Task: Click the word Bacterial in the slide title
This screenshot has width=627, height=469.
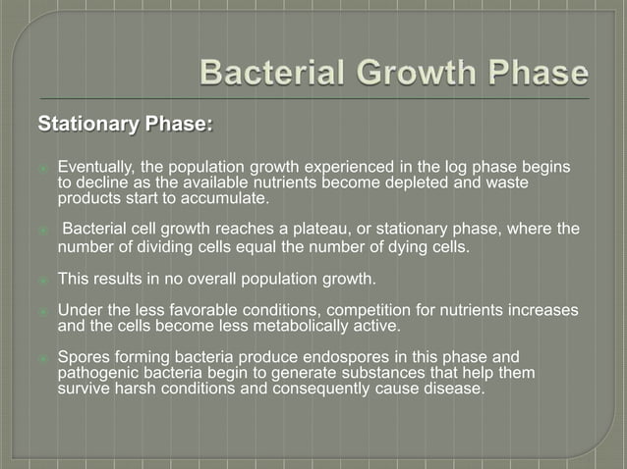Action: click(x=267, y=74)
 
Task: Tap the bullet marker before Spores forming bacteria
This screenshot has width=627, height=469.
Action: click(x=43, y=358)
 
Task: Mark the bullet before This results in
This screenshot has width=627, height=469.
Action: click(x=43, y=281)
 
